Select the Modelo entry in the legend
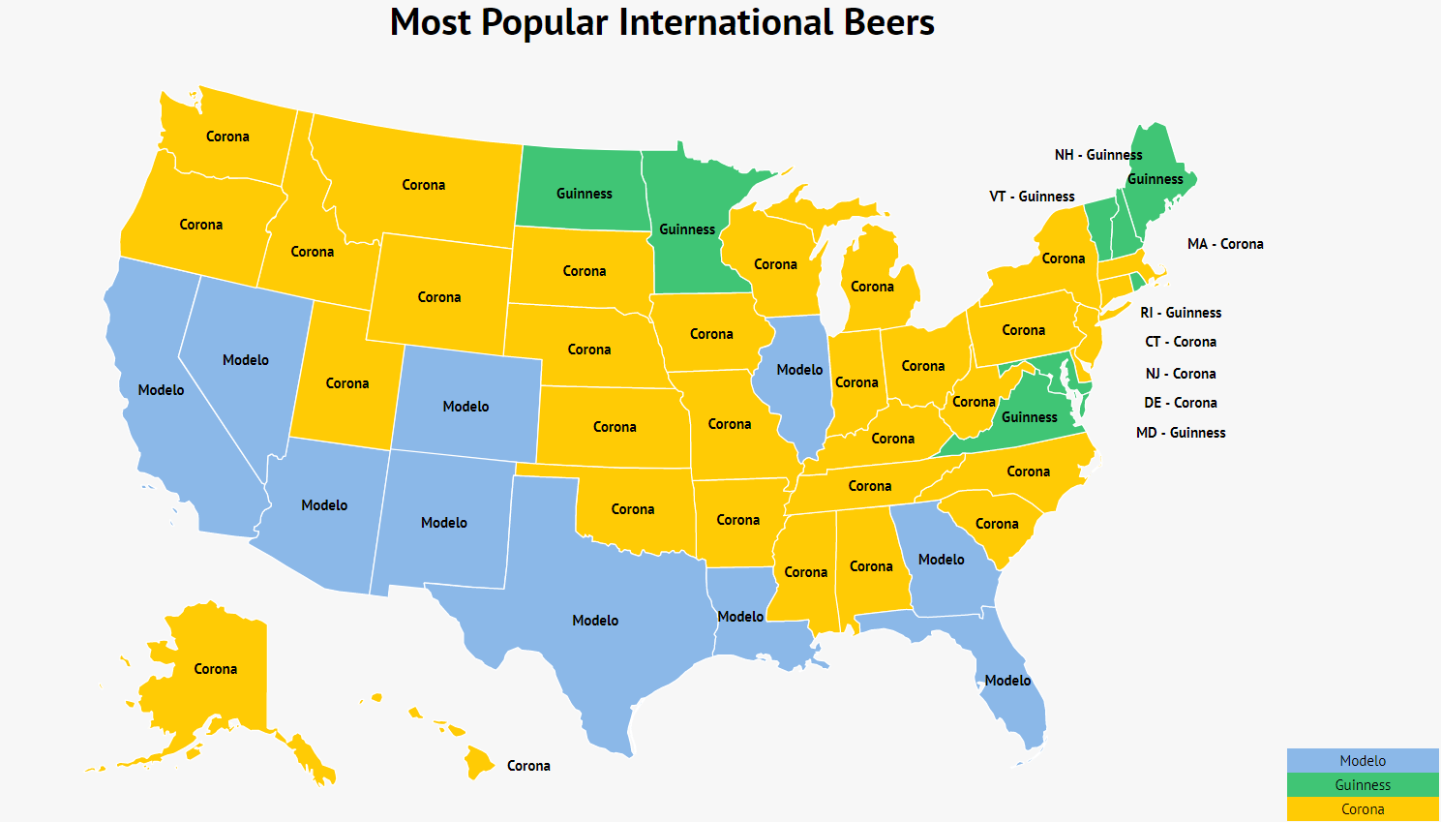tap(1363, 761)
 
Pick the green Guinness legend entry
tap(1363, 785)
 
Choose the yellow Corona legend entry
tap(1363, 809)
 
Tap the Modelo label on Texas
tap(595, 621)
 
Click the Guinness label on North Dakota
tap(585, 194)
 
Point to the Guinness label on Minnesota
tap(687, 229)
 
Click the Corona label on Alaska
tap(216, 669)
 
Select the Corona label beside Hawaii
tap(528, 766)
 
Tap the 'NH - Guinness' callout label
tap(1098, 155)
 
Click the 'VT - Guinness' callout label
tap(1032, 197)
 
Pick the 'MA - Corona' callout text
tap(1225, 244)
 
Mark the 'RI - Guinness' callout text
tap(1181, 313)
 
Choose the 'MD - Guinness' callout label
tap(1181, 433)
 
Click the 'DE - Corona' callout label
tap(1181, 403)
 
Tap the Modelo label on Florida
tap(1007, 681)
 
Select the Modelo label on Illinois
tap(799, 370)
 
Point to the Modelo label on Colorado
tap(465, 407)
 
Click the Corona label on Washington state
tap(227, 137)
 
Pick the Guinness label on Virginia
tap(1030, 417)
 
